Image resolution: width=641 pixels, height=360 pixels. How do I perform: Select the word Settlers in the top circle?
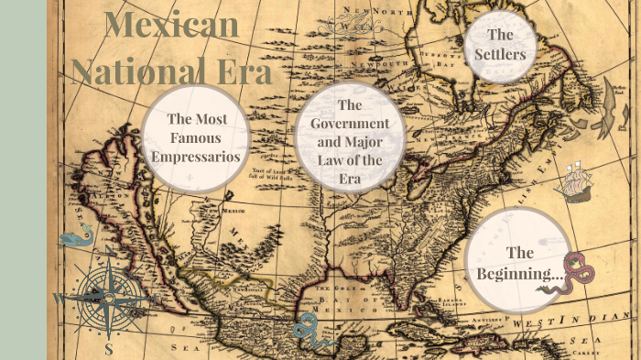(499, 55)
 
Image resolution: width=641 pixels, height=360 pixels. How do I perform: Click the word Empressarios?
(197, 157)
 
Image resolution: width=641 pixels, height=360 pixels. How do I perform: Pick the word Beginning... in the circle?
(519, 272)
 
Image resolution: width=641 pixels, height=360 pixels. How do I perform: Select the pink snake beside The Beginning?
(577, 273)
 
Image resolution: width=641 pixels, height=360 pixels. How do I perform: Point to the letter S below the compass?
(109, 349)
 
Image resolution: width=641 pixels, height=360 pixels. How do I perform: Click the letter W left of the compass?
(58, 299)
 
